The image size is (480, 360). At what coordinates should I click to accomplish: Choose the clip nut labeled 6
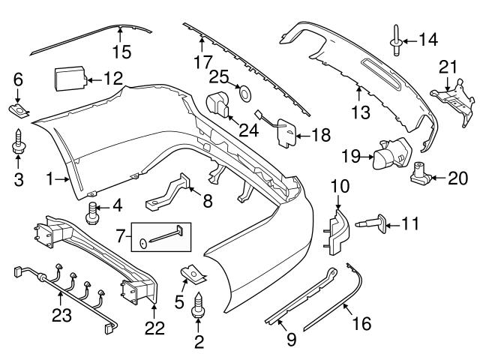coord(19,112)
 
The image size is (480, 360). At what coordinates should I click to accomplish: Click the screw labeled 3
coord(19,143)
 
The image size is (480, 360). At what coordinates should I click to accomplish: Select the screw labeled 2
coord(199,307)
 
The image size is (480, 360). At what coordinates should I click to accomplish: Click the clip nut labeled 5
coord(194,276)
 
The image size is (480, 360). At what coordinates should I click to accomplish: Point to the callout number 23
coord(61,314)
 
